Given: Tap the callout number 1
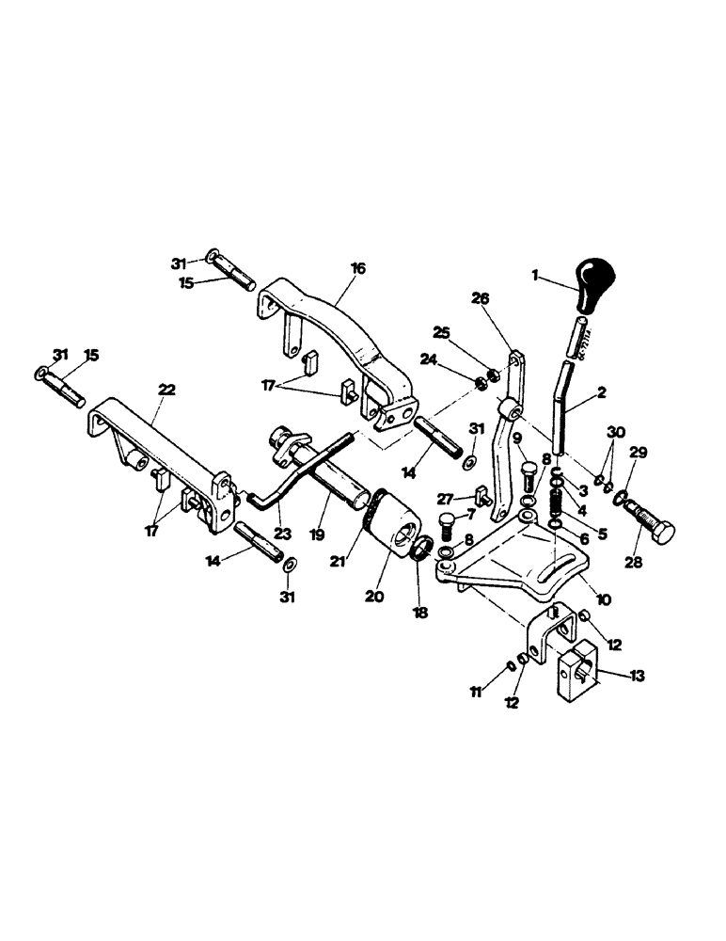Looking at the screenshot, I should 536,277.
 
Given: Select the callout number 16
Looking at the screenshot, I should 357,269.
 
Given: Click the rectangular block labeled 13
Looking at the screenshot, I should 575,675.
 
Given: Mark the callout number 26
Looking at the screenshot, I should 480,299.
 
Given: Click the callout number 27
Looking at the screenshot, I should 444,500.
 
